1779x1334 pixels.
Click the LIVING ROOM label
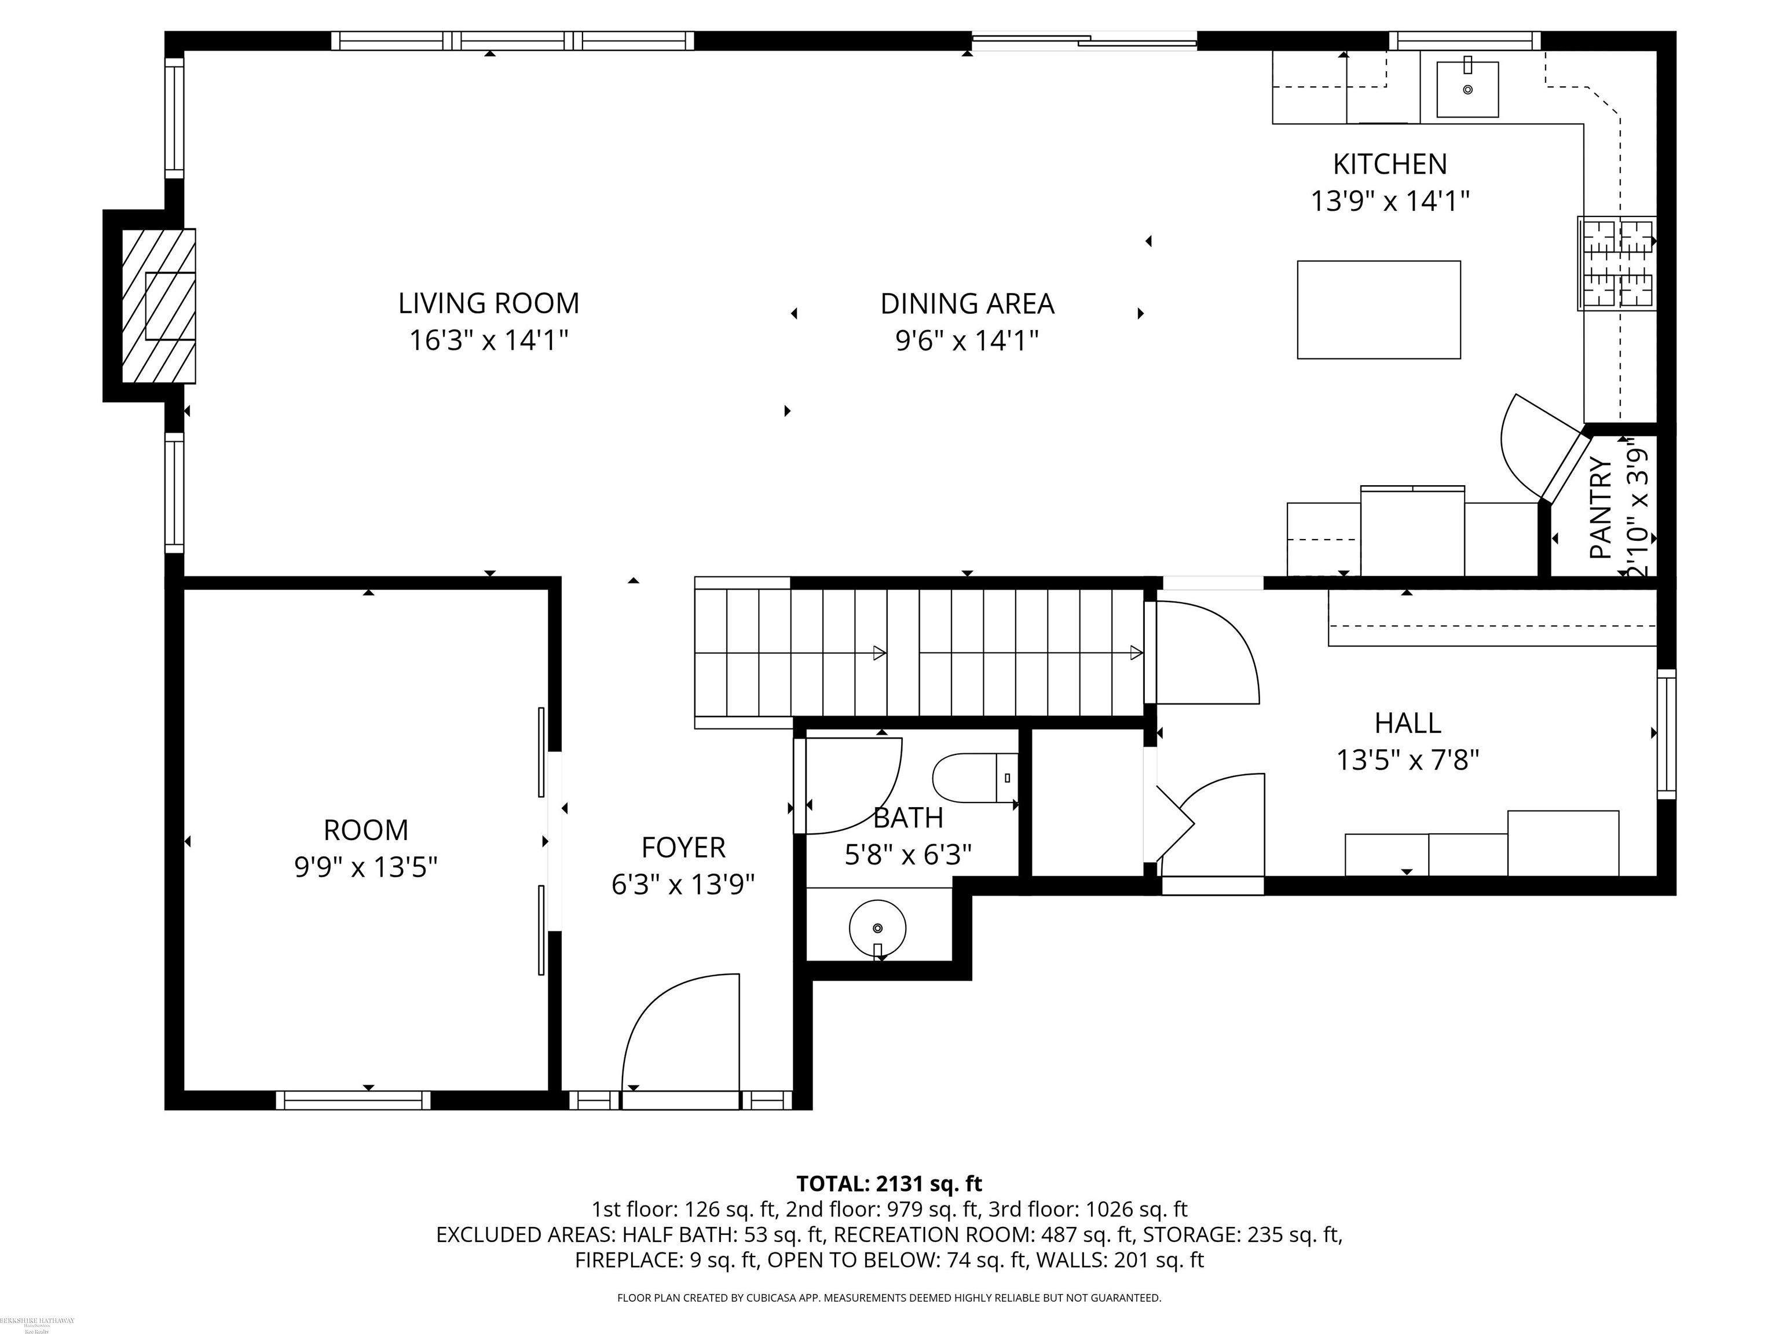[x=488, y=303]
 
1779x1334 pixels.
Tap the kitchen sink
[x=1467, y=89]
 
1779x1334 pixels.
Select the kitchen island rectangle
[x=1378, y=310]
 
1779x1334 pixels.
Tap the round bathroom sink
[x=877, y=928]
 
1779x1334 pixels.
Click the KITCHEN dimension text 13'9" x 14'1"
[x=1390, y=201]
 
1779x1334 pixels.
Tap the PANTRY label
[x=1601, y=508]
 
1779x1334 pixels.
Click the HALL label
[x=1407, y=723]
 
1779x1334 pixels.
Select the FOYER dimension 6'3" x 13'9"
[x=683, y=885]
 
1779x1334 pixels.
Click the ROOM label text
[x=365, y=830]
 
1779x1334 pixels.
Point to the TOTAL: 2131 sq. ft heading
[x=889, y=1183]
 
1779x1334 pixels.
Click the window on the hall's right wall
[x=1667, y=734]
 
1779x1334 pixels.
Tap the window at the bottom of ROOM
[x=353, y=1100]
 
